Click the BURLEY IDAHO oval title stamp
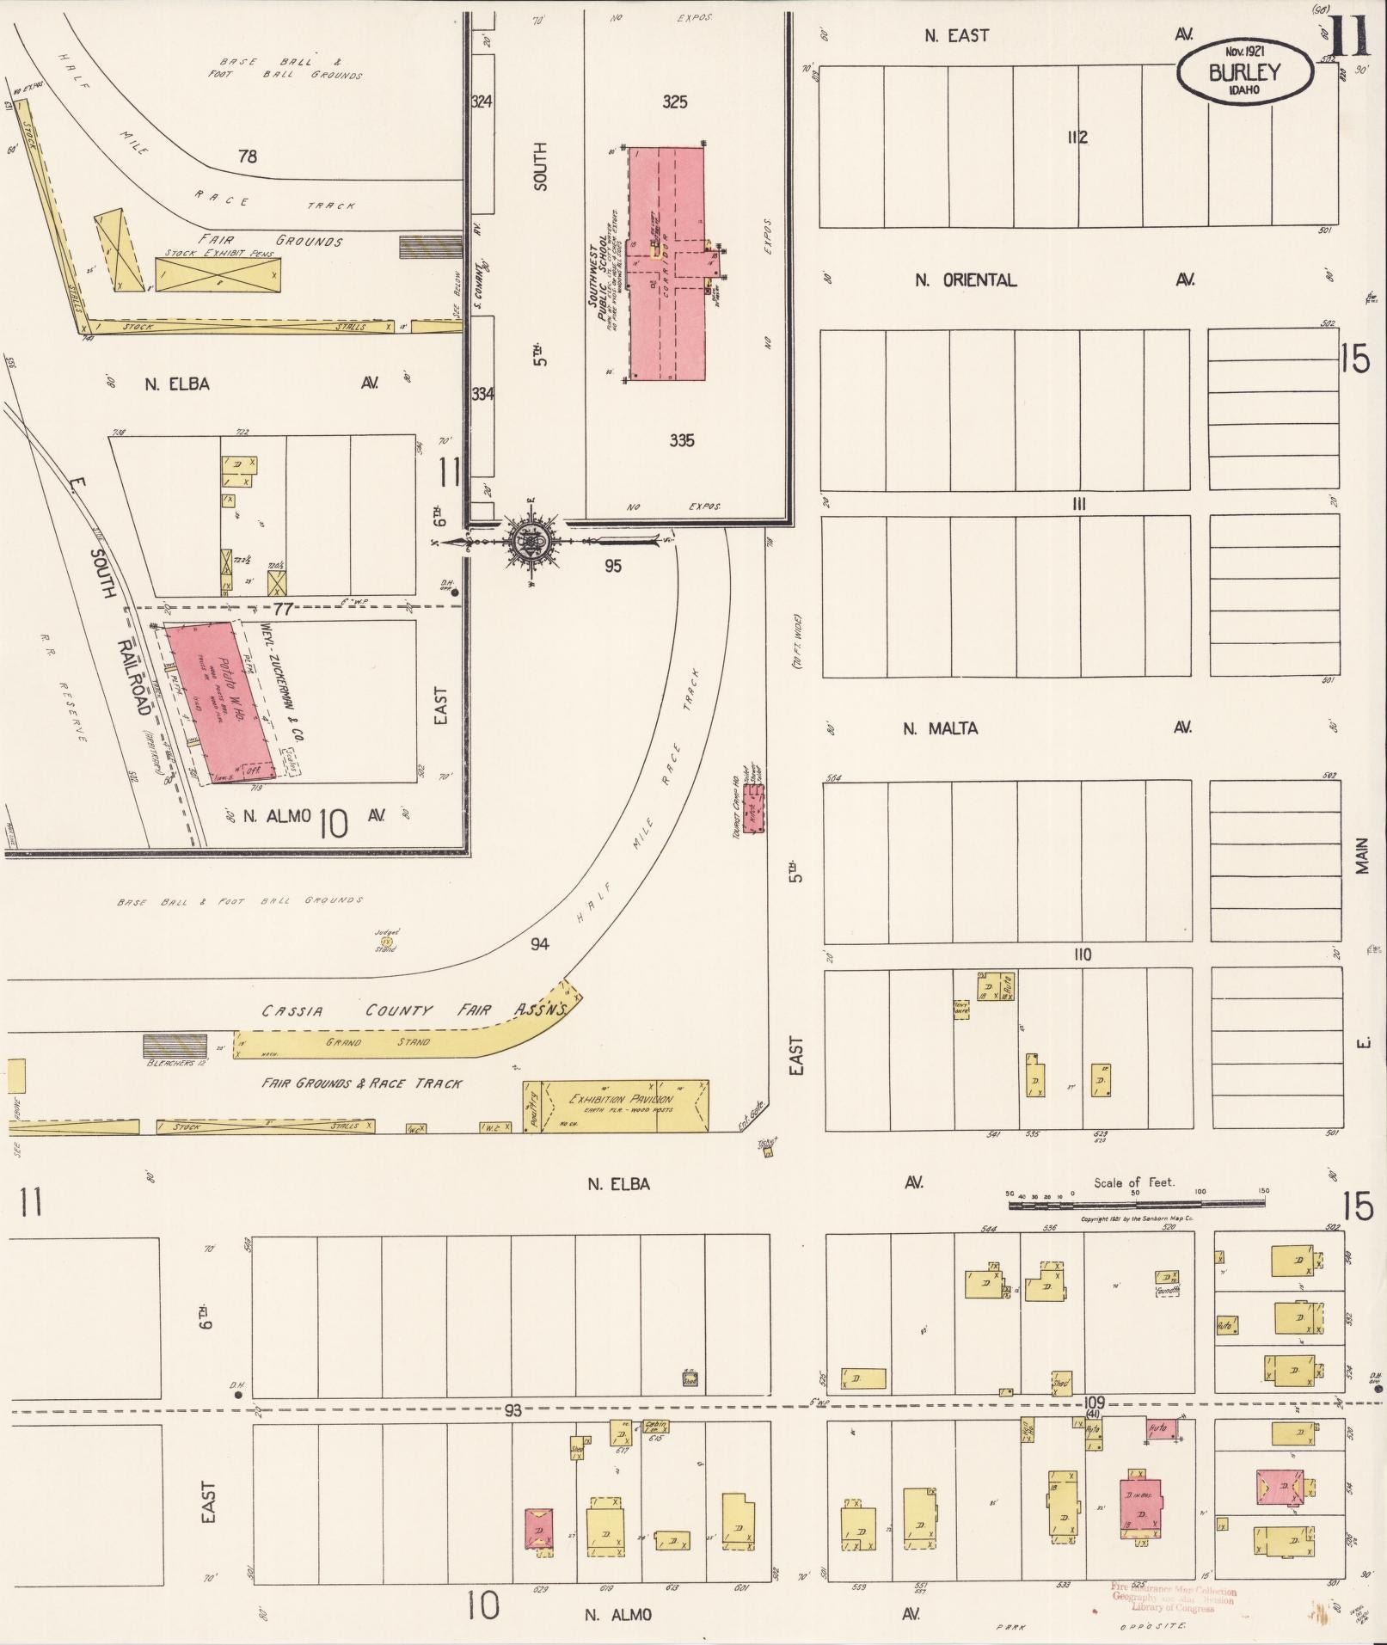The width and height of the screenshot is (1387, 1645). tap(1244, 72)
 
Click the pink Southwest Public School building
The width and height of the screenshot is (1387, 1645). tap(667, 263)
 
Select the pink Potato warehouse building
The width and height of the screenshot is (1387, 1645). tap(221, 701)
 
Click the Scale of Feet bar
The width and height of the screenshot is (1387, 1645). tap(1135, 1205)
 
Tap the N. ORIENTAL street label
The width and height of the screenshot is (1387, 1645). tap(965, 280)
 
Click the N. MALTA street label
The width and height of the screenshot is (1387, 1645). tap(940, 728)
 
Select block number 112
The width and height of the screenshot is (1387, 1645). tap(1077, 137)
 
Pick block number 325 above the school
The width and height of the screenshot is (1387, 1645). tap(675, 102)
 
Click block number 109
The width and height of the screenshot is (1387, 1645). tap(1094, 1401)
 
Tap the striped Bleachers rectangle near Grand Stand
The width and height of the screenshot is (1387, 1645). tap(169, 1046)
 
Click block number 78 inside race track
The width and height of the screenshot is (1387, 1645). tap(248, 157)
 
